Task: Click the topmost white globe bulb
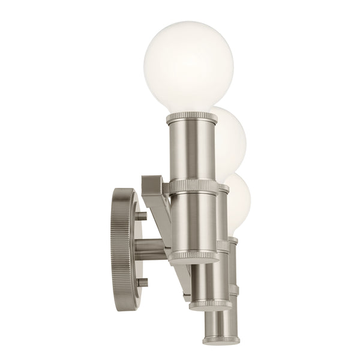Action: point(179,67)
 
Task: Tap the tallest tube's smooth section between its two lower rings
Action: point(192,222)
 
